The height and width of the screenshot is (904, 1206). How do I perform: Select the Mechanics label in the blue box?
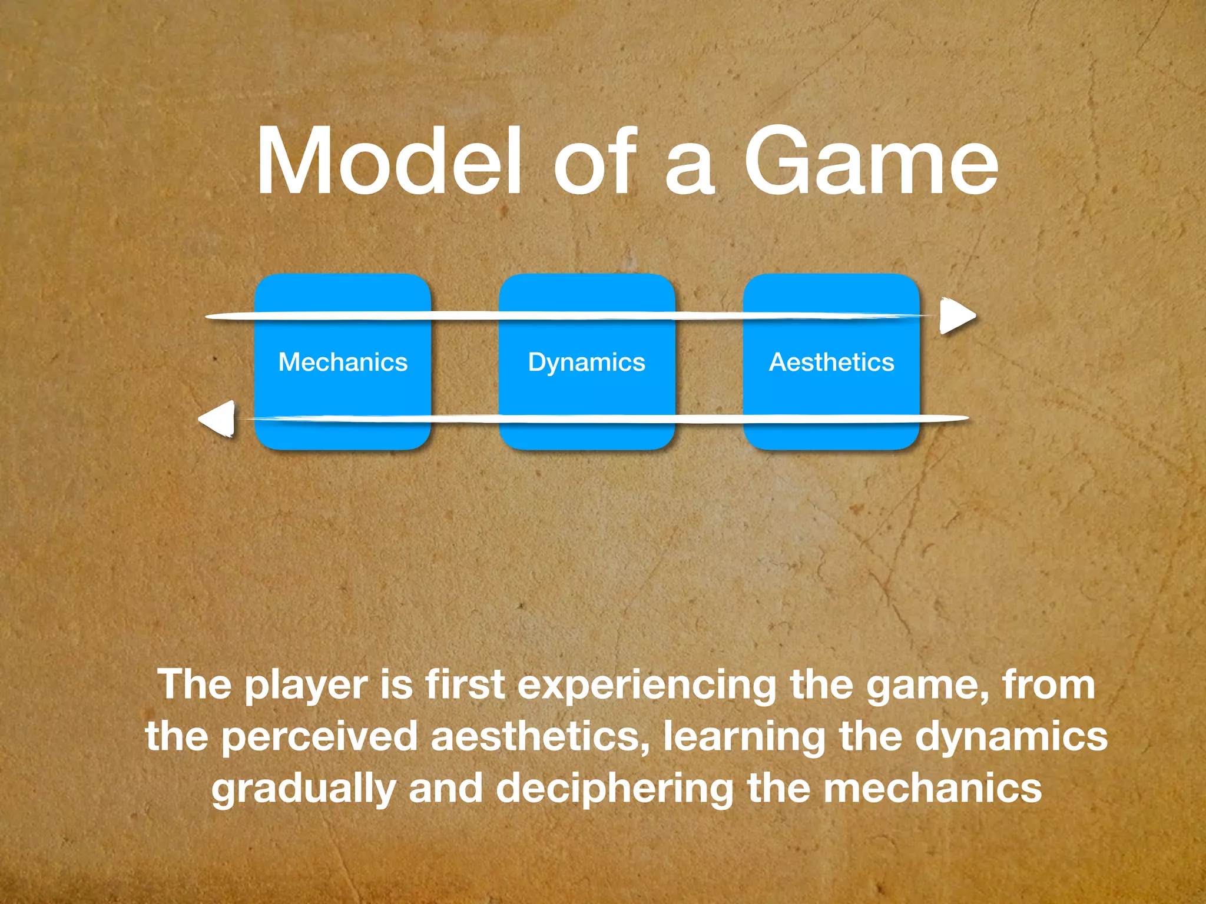point(343,362)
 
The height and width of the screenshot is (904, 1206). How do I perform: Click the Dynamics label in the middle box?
point(587,363)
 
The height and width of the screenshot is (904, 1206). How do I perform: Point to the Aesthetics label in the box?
point(831,362)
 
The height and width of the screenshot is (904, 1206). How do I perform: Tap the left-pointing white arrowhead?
point(218,419)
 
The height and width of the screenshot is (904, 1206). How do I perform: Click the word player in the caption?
point(306,686)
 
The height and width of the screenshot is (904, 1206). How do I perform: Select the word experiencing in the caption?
point(647,686)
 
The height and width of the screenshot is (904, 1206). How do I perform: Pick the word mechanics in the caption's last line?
point(933,789)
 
